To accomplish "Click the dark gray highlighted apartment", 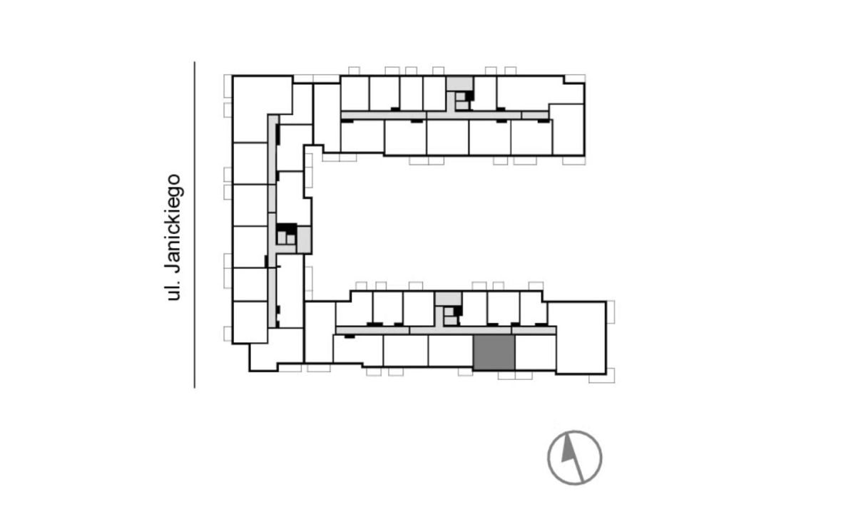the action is pos(494,352).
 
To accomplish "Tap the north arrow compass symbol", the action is pos(574,458).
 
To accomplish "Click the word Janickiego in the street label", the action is pos(174,224).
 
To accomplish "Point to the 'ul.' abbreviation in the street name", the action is pos(173,291).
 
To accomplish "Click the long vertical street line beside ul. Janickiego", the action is pos(195,225).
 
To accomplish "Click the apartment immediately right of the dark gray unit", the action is pos(535,352).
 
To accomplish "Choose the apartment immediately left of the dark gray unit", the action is pos(451,351).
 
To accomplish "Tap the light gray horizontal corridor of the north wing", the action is pos(445,115).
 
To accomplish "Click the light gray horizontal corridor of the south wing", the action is pos(446,330).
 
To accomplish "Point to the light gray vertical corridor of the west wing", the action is pos(272,221).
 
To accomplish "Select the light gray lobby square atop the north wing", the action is pos(460,83).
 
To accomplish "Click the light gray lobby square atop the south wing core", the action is pos(449,299).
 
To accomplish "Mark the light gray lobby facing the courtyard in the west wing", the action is pos(304,240).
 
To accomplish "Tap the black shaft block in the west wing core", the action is pos(286,228).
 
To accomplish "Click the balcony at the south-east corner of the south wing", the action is pos(602,376).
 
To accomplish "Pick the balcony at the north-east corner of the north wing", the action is pos(575,78).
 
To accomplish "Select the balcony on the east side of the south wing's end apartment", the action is pos(611,312).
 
